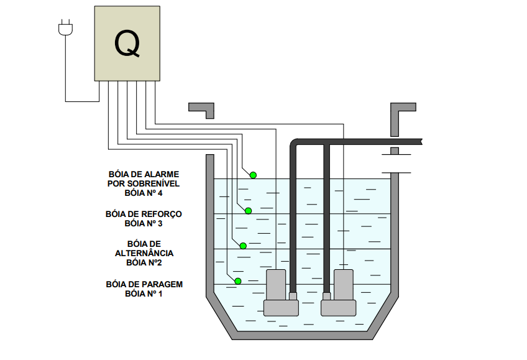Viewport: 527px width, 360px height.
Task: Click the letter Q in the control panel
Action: (127, 43)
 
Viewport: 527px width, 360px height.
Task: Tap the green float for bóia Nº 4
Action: (254, 175)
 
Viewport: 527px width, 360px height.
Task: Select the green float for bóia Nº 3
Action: (248, 211)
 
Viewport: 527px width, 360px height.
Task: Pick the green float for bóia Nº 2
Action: (243, 246)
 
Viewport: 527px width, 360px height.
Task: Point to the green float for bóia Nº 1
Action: (238, 281)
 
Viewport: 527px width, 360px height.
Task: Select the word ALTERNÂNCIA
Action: (144, 253)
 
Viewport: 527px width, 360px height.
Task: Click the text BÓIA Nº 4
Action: (144, 193)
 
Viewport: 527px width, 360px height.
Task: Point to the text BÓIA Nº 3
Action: (144, 223)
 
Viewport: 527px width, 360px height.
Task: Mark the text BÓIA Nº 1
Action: (144, 293)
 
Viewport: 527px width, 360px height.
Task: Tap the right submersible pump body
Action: (343, 284)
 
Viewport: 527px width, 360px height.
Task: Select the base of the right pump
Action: (338, 307)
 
